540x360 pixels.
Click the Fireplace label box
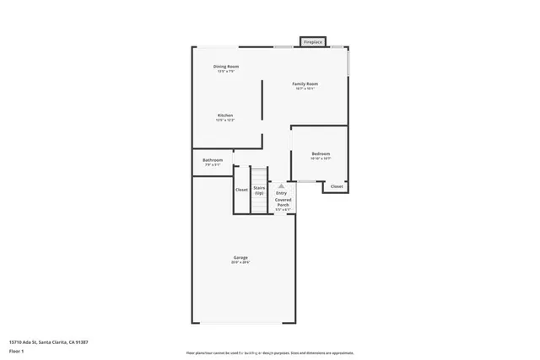(x=313, y=41)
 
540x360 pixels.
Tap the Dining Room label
(x=225, y=67)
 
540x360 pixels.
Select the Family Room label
(x=305, y=84)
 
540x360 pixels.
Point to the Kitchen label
(x=225, y=116)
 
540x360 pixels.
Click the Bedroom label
(x=321, y=153)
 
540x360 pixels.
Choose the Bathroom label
(x=213, y=160)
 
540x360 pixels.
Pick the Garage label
(x=240, y=257)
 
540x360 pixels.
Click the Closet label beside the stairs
(x=241, y=190)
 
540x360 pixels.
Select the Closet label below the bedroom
(x=337, y=186)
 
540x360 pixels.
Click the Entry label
(x=282, y=193)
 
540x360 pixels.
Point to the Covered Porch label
(x=283, y=202)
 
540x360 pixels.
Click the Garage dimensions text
(x=240, y=263)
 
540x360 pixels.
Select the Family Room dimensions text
(x=305, y=89)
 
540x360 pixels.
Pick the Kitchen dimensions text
(x=225, y=121)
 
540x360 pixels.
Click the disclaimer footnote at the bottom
(x=269, y=352)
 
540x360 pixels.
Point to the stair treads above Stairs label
(x=259, y=175)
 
